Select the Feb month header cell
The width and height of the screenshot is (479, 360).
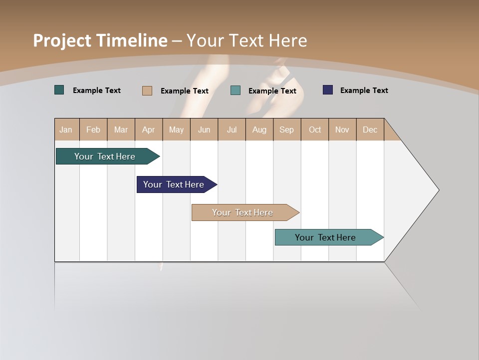pyautogui.click(x=93, y=129)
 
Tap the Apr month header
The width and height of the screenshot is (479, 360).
pyautogui.click(x=149, y=129)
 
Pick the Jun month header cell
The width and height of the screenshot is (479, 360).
pyautogui.click(x=204, y=129)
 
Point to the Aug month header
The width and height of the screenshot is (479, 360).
pyautogui.click(x=259, y=129)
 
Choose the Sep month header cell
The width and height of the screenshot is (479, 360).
pyautogui.click(x=287, y=129)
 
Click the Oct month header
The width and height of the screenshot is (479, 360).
pyautogui.click(x=315, y=129)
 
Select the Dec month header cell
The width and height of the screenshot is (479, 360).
pyautogui.click(x=370, y=129)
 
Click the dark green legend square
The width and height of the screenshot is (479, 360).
pyautogui.click(x=59, y=90)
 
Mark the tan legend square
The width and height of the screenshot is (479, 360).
pyautogui.click(x=147, y=90)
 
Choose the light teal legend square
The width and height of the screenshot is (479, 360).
pyautogui.click(x=236, y=90)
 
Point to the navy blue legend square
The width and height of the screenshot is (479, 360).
pyautogui.click(x=328, y=90)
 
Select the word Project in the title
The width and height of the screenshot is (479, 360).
pyautogui.click(x=62, y=40)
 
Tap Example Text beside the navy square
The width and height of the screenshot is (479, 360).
pyautogui.click(x=364, y=90)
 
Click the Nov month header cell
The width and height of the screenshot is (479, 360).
pyautogui.click(x=342, y=129)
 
